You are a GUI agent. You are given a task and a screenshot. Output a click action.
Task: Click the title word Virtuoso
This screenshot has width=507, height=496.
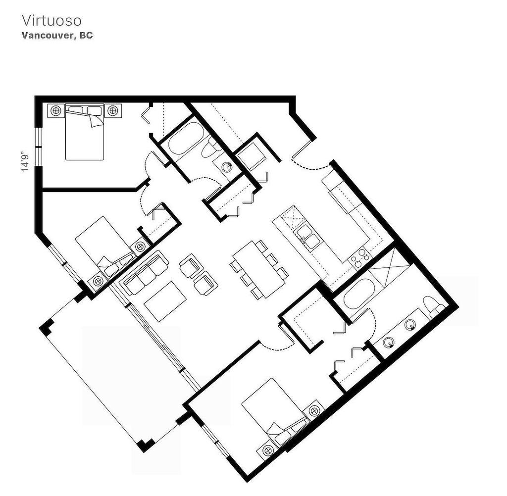coord(51,21)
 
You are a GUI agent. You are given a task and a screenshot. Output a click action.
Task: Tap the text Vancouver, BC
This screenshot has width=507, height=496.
coord(57,36)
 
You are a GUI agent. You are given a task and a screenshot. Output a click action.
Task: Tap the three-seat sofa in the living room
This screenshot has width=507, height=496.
coord(145,273)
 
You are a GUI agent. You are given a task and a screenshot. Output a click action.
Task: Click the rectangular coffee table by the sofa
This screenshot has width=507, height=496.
coord(165,300)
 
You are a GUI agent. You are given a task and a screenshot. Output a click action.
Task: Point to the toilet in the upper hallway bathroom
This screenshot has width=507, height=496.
coord(212,147)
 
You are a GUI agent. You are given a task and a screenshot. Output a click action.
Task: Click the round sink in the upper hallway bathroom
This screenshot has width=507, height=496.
coord(227,167)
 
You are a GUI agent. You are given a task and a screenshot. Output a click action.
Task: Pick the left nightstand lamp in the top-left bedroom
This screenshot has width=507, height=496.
coord(55,110)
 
